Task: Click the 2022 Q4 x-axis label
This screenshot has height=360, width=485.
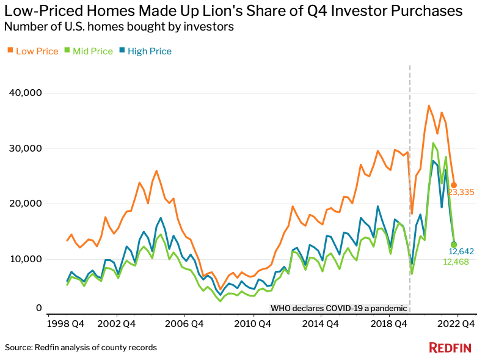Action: point(454,323)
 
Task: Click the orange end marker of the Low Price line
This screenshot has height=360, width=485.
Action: point(453,185)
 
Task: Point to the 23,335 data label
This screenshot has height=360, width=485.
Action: point(461,193)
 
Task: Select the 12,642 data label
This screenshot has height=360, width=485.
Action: point(462,251)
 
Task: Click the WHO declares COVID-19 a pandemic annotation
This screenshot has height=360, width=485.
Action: point(338,308)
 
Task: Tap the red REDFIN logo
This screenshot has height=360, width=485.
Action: point(450,348)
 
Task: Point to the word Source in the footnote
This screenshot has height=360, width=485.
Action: point(19,347)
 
